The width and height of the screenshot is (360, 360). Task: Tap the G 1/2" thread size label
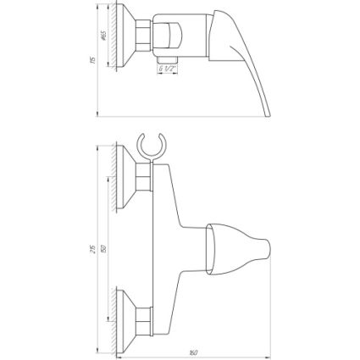pyautogui.click(x=169, y=71)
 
